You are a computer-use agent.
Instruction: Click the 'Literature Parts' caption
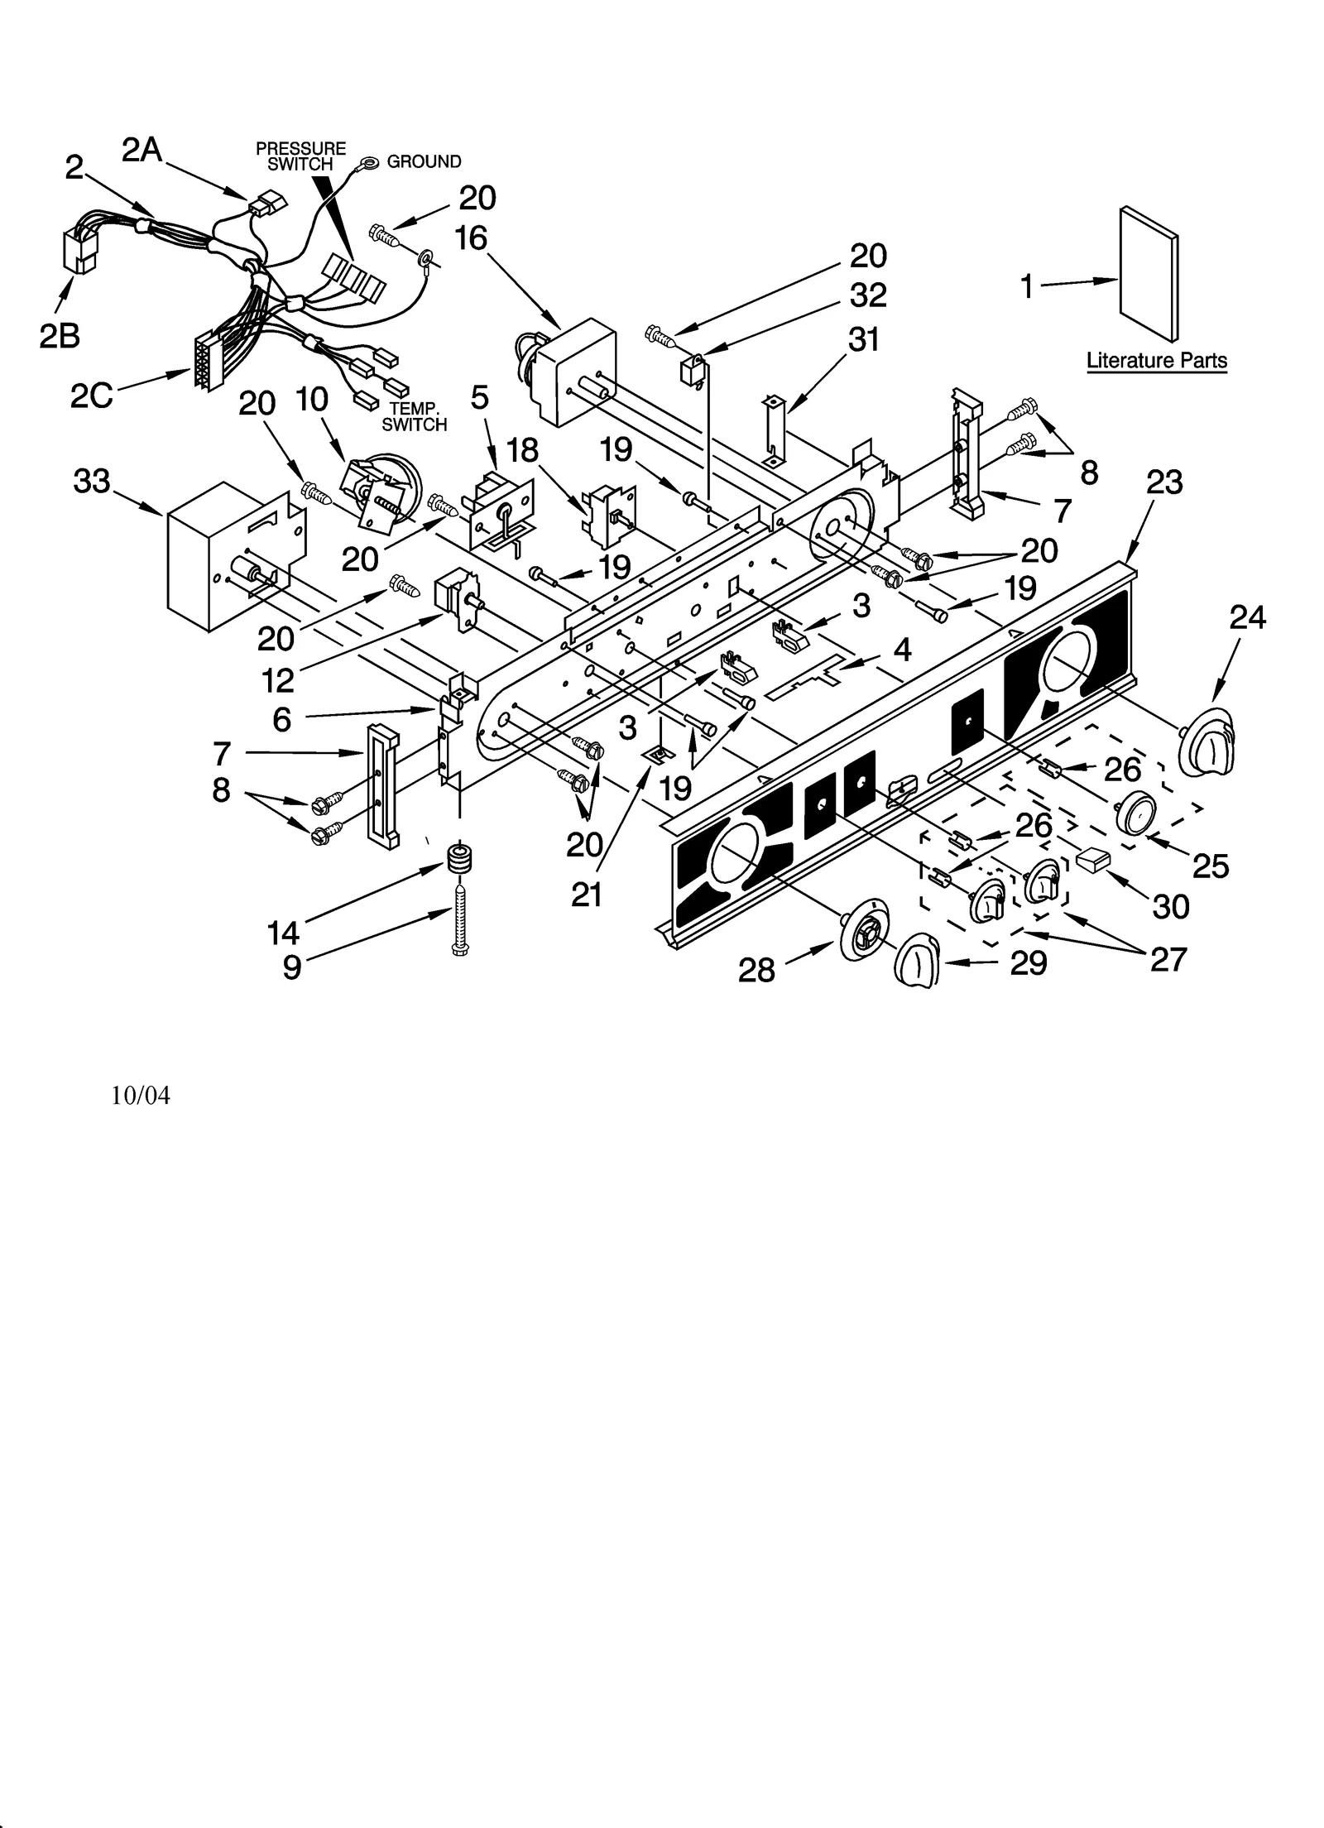pos(1155,361)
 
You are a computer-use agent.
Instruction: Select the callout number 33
pos(91,481)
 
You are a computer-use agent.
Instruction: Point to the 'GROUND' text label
pos(424,162)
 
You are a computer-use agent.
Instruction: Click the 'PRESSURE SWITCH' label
pos(300,156)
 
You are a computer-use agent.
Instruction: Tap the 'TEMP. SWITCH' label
pos(415,417)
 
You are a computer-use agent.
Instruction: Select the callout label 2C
pos(91,397)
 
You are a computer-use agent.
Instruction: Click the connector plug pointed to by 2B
pos(80,251)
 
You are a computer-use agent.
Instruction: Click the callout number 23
pos(1164,482)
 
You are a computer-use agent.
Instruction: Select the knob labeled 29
pos(918,962)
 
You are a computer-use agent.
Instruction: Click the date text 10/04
pos(141,1096)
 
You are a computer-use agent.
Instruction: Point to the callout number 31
pos(864,339)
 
